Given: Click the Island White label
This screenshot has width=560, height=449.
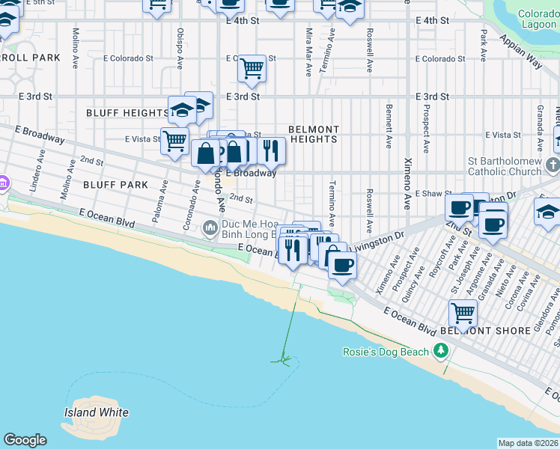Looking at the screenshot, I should (96, 412).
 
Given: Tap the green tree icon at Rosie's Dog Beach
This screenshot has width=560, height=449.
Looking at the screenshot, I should (442, 350).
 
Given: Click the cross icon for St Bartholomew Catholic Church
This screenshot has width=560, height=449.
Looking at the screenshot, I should (553, 165).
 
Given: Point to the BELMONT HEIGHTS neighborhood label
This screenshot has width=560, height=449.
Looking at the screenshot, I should (314, 135).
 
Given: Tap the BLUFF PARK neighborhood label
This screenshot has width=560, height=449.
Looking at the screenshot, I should (115, 184).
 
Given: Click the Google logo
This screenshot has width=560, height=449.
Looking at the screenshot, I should (25, 440).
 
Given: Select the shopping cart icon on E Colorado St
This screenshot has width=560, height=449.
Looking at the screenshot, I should (252, 69).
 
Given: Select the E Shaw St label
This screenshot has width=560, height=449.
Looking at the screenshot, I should (430, 193).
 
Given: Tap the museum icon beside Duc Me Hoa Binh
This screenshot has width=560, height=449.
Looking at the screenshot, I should (210, 226).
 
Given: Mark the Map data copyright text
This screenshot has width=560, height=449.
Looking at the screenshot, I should (529, 443).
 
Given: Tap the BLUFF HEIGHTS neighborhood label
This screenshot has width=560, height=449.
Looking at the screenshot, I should (127, 113).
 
